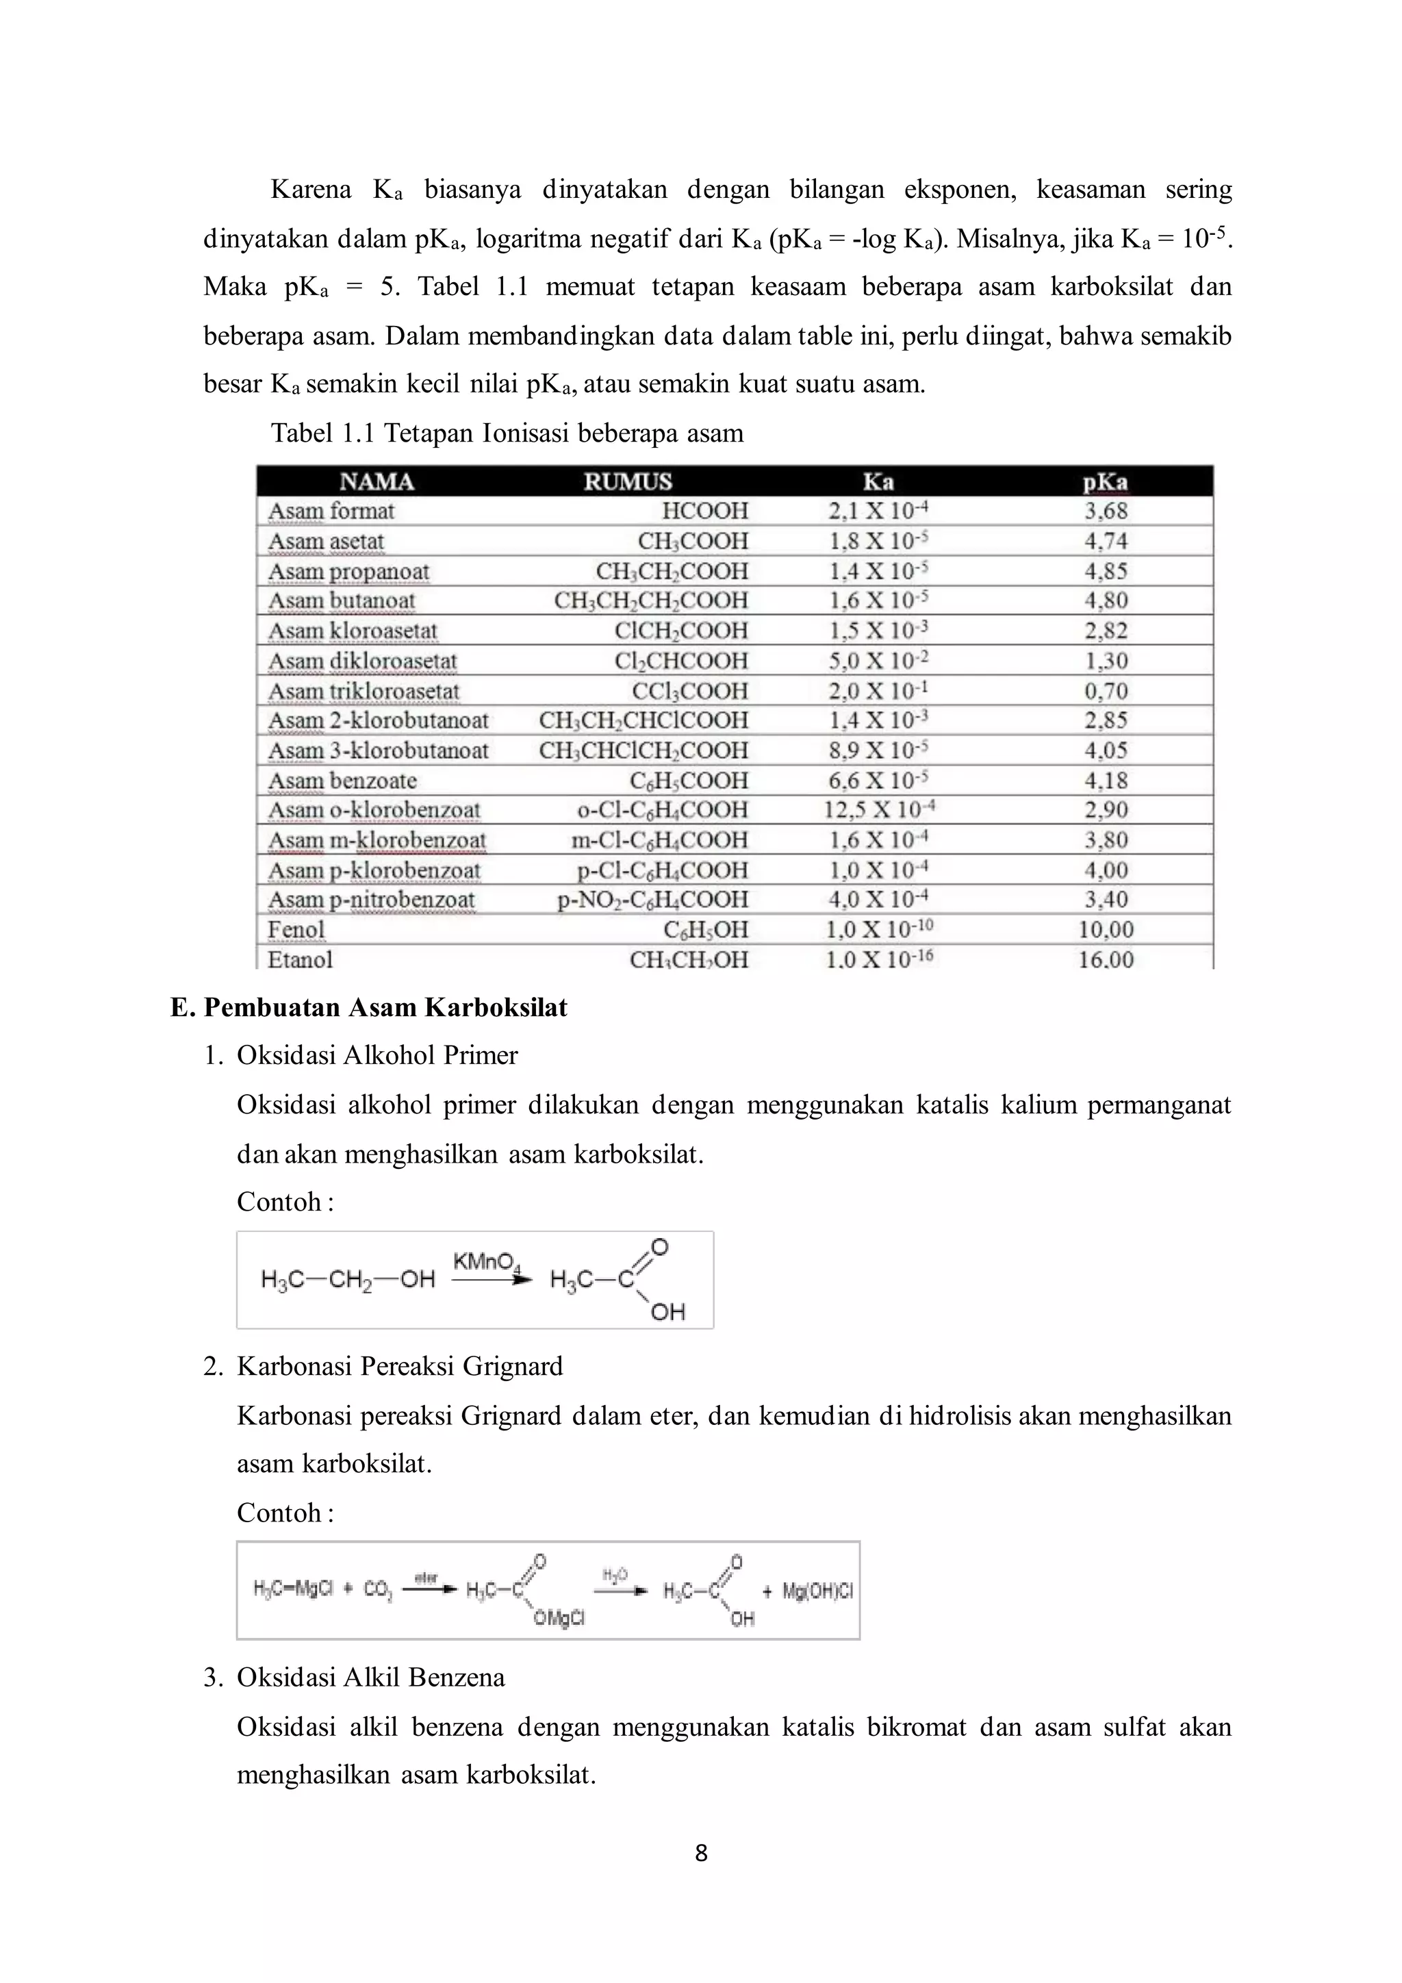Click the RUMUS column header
627,481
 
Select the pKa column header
1105,482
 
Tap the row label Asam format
331,511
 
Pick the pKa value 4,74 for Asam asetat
1106,542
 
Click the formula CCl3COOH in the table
690,691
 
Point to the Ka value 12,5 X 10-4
879,810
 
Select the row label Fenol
296,930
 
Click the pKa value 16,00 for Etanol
1106,959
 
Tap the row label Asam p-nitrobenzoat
371,900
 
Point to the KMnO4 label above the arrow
485,1262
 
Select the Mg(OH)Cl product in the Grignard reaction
817,1591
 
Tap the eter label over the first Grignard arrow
426,1578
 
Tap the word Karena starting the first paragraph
311,189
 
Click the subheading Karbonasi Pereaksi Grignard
400,1366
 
